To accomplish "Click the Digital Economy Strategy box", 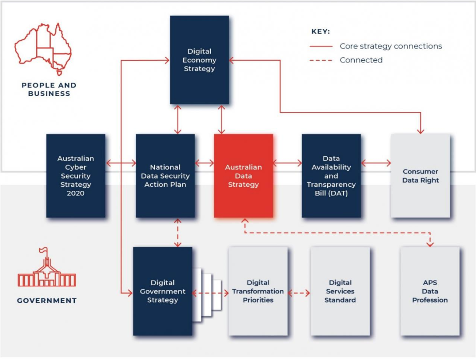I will (x=199, y=60).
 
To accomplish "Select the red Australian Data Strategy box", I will (x=243, y=176).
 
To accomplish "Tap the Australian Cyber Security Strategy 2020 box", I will (x=75, y=176).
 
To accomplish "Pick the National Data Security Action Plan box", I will (x=165, y=176).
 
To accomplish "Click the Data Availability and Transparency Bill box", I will (x=331, y=176).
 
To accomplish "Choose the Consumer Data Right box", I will (x=420, y=176).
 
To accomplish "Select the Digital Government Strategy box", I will (x=163, y=291).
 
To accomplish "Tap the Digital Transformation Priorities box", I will (x=258, y=291).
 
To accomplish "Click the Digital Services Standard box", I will (x=340, y=291).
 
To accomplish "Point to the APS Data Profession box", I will (x=430, y=291).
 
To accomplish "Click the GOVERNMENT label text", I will (x=46, y=301).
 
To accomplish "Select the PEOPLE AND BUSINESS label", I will (x=49, y=90).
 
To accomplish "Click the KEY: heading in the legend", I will (x=320, y=31).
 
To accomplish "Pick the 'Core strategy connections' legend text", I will (x=390, y=46).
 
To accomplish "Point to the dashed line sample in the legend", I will (x=321, y=60).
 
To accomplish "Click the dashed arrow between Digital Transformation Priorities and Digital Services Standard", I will (x=299, y=293).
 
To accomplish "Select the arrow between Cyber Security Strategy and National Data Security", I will (x=120, y=164).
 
